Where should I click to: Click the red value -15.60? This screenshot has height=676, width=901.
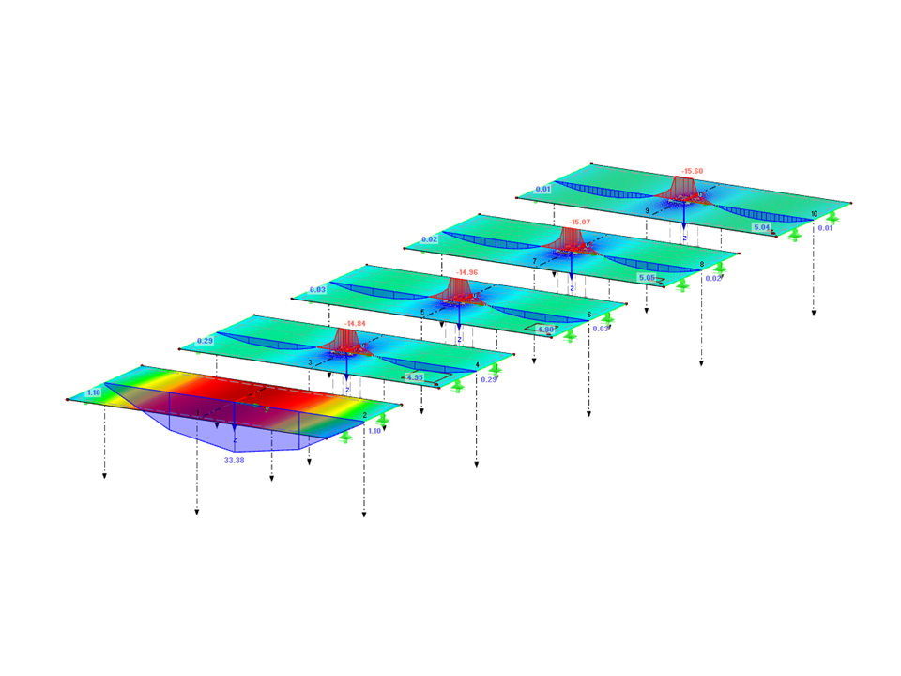click(x=693, y=171)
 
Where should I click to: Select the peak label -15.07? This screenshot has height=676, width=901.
click(x=578, y=222)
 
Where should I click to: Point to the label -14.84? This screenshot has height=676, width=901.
click(x=354, y=323)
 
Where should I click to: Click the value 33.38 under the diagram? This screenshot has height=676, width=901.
click(x=233, y=461)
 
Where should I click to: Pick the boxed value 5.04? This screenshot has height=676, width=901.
click(x=761, y=227)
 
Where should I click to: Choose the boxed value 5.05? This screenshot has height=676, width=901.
click(x=647, y=278)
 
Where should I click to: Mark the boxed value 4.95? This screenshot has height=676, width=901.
click(x=415, y=377)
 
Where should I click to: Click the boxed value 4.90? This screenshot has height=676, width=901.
click(x=544, y=330)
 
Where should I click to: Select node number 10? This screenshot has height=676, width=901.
click(x=814, y=214)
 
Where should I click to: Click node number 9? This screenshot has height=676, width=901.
click(x=647, y=211)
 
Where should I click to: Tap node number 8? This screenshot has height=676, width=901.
click(x=701, y=265)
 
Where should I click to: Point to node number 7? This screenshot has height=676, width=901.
click(x=534, y=261)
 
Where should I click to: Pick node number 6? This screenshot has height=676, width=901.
click(x=588, y=315)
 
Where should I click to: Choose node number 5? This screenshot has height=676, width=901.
click(x=422, y=312)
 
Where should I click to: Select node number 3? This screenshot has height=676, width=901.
click(x=309, y=361)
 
